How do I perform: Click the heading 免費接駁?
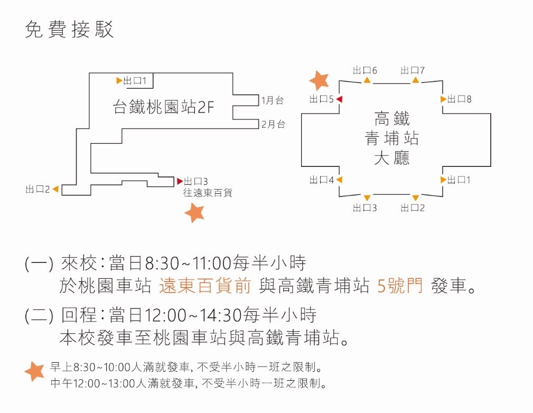pos(69,29)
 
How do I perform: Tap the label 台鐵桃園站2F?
pos(164,107)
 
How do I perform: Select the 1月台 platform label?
pos(272,100)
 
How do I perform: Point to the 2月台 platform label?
pos(273,124)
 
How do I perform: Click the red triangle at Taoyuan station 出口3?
pos(180,181)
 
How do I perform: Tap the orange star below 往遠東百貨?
pos(194,212)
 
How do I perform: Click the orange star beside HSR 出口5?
pos(319,81)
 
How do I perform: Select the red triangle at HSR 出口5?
pos(339,99)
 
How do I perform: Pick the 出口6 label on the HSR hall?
pos(364,70)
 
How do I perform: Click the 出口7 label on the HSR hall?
pos(413,70)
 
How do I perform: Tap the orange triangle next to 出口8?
pos(443,99)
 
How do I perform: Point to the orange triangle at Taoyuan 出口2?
pos(55,189)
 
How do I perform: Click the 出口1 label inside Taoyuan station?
pos(135,81)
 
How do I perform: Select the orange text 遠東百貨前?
pos(205,285)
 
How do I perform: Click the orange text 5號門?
pos(400,285)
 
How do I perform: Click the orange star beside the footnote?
pos(34,371)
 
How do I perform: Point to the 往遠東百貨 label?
pos(208,193)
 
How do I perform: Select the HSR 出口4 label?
pos(322,180)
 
